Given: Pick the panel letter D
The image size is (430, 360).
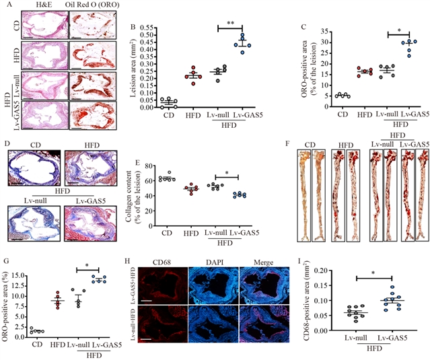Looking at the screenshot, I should coord(5,146).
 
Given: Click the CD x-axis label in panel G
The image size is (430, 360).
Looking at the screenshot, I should coord(38,340).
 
